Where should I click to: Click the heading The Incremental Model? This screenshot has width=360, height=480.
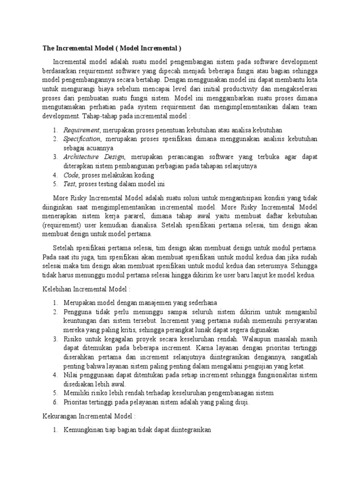[112, 48]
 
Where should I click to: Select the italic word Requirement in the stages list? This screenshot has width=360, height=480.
[82, 130]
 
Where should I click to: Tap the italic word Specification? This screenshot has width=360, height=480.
[82, 139]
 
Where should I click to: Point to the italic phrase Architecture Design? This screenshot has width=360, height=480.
[94, 157]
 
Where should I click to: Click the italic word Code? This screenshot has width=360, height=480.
[71, 175]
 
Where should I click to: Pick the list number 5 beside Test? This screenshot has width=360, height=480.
[55, 184]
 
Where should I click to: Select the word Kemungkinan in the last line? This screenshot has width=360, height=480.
[84, 429]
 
